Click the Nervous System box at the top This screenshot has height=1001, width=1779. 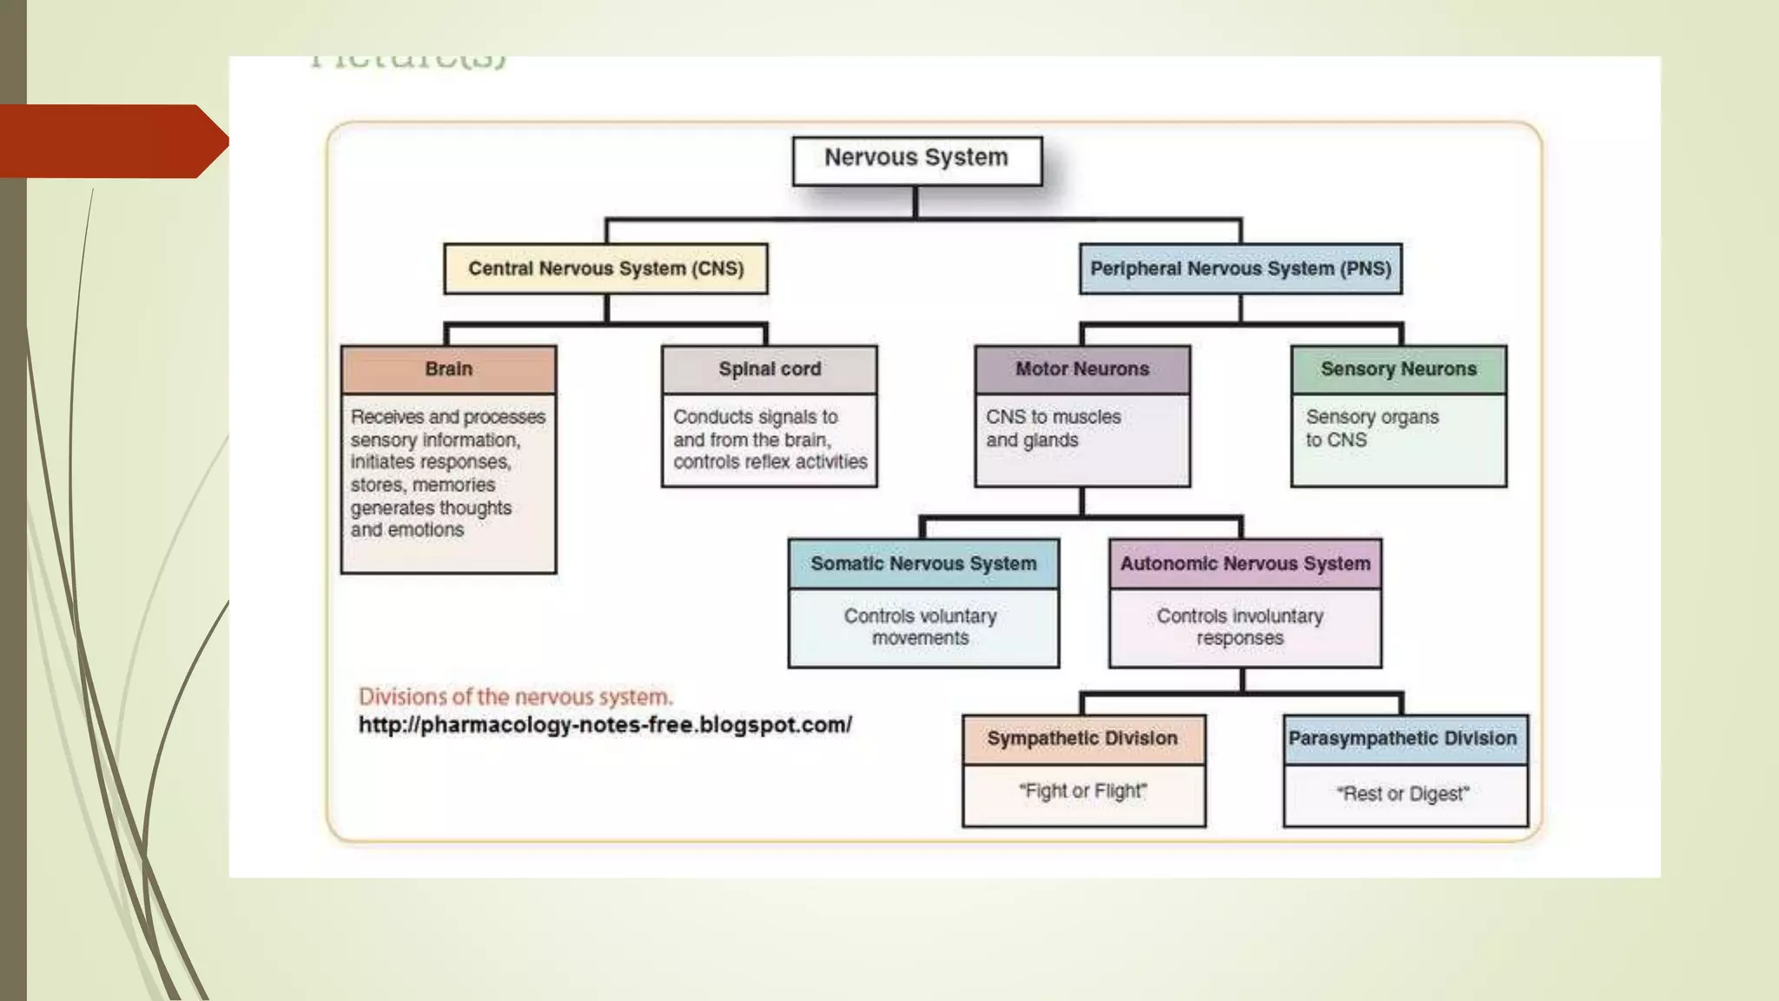click(x=916, y=160)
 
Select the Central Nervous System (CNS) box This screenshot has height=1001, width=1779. click(x=605, y=268)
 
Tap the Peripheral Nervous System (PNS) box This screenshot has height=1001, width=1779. click(x=1240, y=268)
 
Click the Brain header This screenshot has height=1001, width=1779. click(x=448, y=369)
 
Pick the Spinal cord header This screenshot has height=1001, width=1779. click(x=770, y=369)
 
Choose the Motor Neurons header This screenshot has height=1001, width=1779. click(x=1082, y=369)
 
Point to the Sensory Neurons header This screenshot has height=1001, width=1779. click(x=1399, y=369)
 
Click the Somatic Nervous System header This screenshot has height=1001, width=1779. click(x=923, y=564)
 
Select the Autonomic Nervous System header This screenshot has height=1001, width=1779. click(x=1245, y=564)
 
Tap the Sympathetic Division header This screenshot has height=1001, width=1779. click(x=1082, y=739)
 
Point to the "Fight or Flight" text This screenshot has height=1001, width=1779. click(x=1082, y=792)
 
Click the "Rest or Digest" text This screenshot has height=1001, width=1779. click(x=1403, y=794)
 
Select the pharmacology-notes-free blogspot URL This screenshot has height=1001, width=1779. click(x=605, y=725)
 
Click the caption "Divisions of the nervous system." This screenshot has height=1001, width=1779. click(x=516, y=697)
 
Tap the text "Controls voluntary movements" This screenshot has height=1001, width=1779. click(x=921, y=626)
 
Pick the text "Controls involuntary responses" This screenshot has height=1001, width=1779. click(x=1240, y=626)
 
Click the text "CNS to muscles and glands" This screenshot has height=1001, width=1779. click(x=1053, y=428)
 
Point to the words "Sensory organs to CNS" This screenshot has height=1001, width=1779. click(x=1372, y=428)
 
